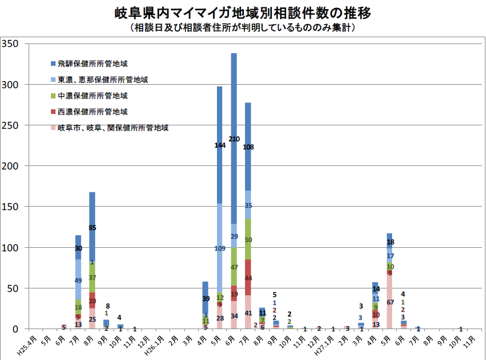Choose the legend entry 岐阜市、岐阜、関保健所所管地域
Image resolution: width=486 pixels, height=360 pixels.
click(x=113, y=128)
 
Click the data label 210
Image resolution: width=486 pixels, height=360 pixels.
click(x=234, y=139)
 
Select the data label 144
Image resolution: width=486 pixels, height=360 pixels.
click(x=220, y=145)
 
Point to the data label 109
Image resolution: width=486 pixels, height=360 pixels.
click(x=220, y=248)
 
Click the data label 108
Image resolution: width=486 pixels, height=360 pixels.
click(x=248, y=147)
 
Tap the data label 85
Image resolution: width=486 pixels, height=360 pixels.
click(x=92, y=228)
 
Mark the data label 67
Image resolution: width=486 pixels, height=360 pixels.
click(x=389, y=302)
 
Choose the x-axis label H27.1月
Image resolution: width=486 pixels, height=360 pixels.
click(x=327, y=343)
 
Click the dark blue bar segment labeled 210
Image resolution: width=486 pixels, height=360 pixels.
click(x=234, y=114)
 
